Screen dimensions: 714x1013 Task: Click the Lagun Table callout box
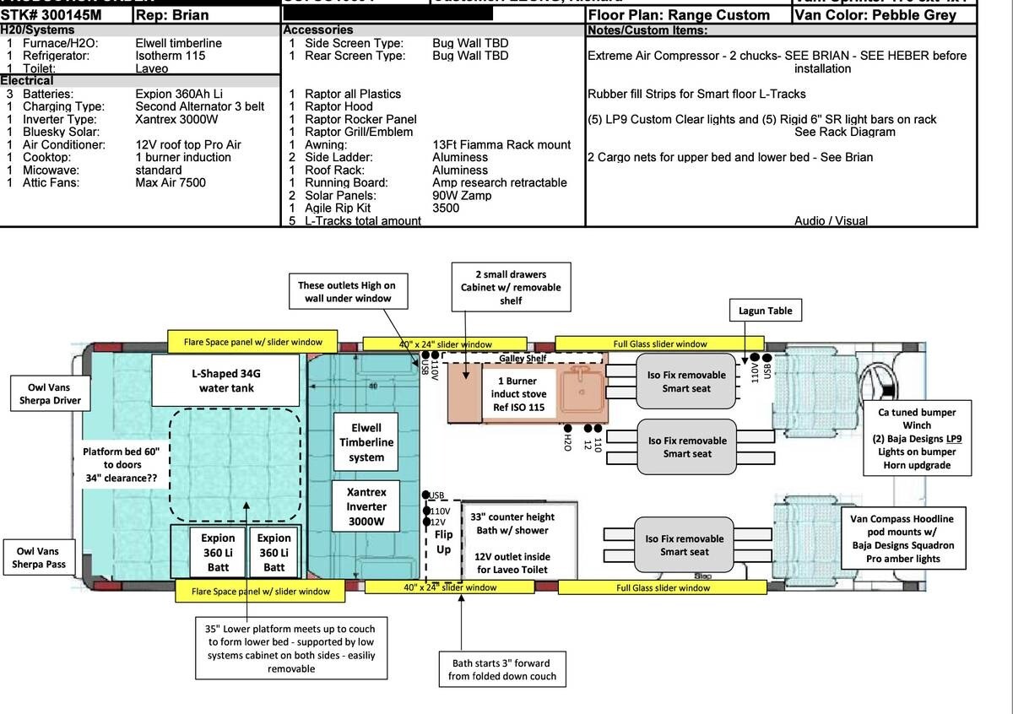pyautogui.click(x=763, y=311)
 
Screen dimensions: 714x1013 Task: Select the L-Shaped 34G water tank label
pyautogui.click(x=226, y=380)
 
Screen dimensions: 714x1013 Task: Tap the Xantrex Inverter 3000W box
pyautogui.click(x=366, y=506)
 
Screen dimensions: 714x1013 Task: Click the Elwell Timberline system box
pyautogui.click(x=366, y=442)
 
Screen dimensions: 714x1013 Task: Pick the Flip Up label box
pyautogui.click(x=443, y=542)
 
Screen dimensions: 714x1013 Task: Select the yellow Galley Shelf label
pyautogui.click(x=523, y=359)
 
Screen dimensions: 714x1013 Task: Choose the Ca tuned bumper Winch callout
pyautogui.click(x=916, y=439)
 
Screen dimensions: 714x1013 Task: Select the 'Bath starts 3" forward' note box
pyautogui.click(x=500, y=669)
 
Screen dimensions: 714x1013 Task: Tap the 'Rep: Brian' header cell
pyautogui.click(x=207, y=15)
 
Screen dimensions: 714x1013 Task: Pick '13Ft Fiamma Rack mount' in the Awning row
pyautogui.click(x=501, y=144)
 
